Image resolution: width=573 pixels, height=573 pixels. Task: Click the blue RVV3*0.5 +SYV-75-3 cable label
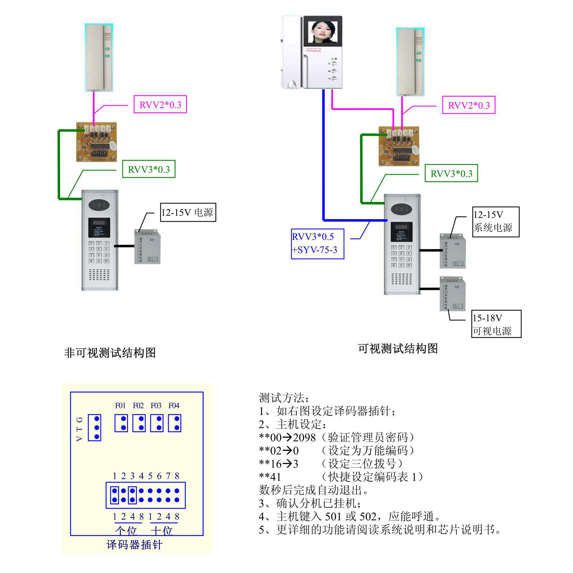pyautogui.click(x=317, y=244)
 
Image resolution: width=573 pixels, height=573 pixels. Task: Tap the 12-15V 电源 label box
pyautogui.click(x=188, y=212)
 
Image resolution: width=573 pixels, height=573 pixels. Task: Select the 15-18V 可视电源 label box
pyautogui.click(x=496, y=324)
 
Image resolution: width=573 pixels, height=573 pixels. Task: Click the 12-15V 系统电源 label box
pyautogui.click(x=496, y=222)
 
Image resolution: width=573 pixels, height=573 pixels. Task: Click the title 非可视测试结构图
pyautogui.click(x=110, y=353)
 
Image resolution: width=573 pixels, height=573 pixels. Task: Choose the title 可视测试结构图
pyautogui.click(x=398, y=349)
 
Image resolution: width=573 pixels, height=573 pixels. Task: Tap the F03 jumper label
pyautogui.click(x=156, y=406)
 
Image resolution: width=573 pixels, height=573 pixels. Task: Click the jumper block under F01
pyautogui.click(x=121, y=423)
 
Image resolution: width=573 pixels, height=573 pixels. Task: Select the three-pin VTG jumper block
pyautogui.click(x=95, y=428)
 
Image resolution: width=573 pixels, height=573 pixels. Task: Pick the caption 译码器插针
pyautogui.click(x=134, y=545)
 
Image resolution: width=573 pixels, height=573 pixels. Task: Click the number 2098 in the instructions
pyautogui.click(x=304, y=438)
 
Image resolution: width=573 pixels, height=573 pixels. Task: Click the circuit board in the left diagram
pyautogui.click(x=96, y=142)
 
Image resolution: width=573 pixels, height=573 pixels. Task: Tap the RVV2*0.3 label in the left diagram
pyautogui.click(x=160, y=104)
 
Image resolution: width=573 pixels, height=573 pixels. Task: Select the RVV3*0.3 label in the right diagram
pyautogui.click(x=451, y=173)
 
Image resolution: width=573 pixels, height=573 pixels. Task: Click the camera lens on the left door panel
pyautogui.click(x=99, y=205)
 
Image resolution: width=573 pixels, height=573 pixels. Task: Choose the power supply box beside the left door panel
pyautogui.click(x=147, y=247)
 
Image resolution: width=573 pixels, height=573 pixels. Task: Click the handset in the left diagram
pyautogui.click(x=99, y=58)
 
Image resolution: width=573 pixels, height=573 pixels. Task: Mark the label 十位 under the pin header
pyautogui.click(x=162, y=531)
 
